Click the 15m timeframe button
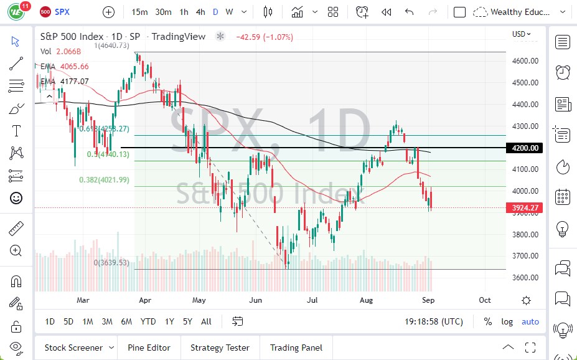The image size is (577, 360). [x=139, y=12]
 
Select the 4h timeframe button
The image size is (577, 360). [x=200, y=12]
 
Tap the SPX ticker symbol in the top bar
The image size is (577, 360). [x=62, y=12]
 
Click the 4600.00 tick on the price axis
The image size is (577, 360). [x=525, y=60]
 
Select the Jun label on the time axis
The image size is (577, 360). [x=255, y=300]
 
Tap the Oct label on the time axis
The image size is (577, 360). [x=485, y=300]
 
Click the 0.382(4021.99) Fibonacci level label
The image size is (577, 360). [x=103, y=180]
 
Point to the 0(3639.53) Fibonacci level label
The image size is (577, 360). [x=111, y=263]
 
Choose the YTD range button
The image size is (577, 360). [x=148, y=321]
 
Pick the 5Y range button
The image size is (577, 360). [x=187, y=321]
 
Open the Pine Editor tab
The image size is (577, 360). [x=149, y=348]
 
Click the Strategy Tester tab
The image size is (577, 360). [x=220, y=348]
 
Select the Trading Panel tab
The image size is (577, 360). [x=296, y=348]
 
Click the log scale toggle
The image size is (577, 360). [x=507, y=321]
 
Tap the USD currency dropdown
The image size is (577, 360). [x=521, y=34]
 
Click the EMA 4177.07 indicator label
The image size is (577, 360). [x=65, y=81]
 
